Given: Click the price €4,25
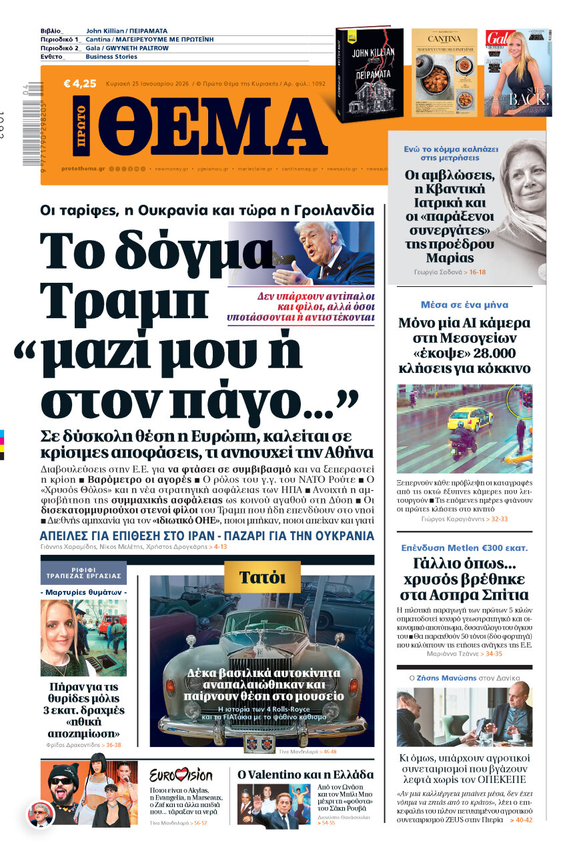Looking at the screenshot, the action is [80, 84].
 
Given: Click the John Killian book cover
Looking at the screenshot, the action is [369, 75].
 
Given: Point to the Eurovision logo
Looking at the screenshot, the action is [181, 776].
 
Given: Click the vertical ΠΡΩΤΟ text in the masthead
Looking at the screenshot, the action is [81, 127].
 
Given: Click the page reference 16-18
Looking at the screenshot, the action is [477, 272].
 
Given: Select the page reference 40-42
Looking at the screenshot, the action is [520, 820].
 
